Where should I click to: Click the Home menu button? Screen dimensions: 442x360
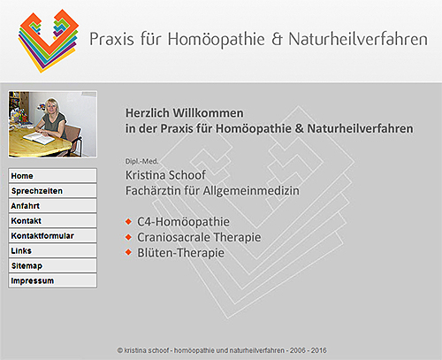52,176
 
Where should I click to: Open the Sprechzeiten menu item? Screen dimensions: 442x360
52,191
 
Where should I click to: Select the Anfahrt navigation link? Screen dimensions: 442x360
52,206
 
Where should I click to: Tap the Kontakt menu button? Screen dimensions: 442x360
52,221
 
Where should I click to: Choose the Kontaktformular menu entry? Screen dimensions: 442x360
52,236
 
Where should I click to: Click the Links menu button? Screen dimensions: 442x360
52,251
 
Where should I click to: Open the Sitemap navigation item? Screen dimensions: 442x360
52,266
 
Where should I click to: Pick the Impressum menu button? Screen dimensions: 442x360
52,280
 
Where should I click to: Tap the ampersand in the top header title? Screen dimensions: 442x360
277,40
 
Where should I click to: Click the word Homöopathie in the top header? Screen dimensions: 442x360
217,40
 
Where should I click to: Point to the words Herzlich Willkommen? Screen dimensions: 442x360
185,113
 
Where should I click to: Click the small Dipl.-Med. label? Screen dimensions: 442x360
141,161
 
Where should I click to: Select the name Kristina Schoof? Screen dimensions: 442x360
165,175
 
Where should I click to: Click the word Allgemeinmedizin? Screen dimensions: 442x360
251,191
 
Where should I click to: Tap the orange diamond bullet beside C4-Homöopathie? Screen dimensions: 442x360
128,221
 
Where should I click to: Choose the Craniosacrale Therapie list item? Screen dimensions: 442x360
199,237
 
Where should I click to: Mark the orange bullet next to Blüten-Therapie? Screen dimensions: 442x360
128,252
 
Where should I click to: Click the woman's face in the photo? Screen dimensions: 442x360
52,106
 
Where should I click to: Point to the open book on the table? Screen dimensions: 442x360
39,137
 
